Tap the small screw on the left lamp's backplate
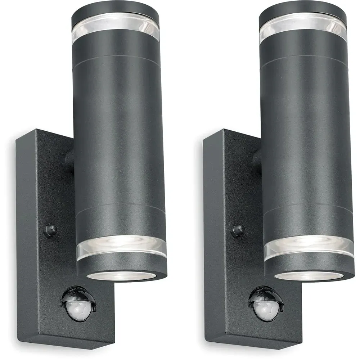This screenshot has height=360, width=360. tap(51, 230)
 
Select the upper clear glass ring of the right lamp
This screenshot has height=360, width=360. tap(302, 27)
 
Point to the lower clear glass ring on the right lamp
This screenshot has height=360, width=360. tap(309, 246)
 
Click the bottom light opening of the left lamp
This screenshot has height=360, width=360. tap(121, 275)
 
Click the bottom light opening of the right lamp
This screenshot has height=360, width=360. tap(309, 276)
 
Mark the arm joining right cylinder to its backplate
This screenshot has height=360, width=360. tap(257, 158)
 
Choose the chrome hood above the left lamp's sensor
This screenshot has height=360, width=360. tap(77, 293)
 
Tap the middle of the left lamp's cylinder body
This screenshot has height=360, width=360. tap(119, 137)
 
